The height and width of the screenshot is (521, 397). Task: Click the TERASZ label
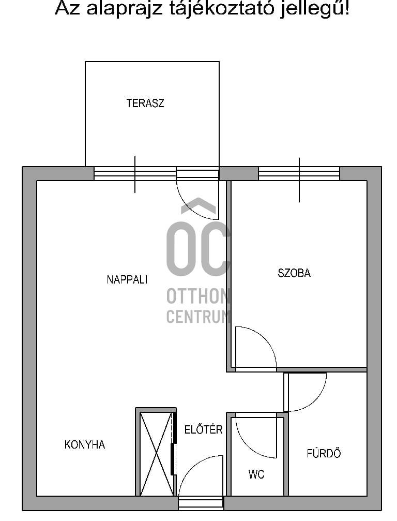click(x=145, y=103)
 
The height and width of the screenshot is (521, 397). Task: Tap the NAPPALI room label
click(x=127, y=279)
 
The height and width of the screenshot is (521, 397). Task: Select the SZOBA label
click(x=294, y=273)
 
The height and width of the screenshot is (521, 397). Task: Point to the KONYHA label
click(x=85, y=444)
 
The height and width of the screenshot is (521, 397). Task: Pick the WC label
click(x=256, y=474)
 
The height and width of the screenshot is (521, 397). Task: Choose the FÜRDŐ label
click(x=324, y=453)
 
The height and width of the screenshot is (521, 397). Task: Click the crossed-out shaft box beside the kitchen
click(x=156, y=454)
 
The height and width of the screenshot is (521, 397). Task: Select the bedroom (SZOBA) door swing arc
click(x=264, y=339)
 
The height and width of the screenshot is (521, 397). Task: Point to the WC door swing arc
click(x=264, y=447)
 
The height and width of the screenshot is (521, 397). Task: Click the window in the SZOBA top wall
click(x=299, y=173)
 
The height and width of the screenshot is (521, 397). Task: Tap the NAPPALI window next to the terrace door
click(x=135, y=173)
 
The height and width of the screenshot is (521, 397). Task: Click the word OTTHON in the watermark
click(x=198, y=296)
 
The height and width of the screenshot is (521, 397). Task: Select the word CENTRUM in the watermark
click(x=198, y=316)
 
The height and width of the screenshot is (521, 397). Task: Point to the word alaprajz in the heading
click(x=125, y=9)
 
